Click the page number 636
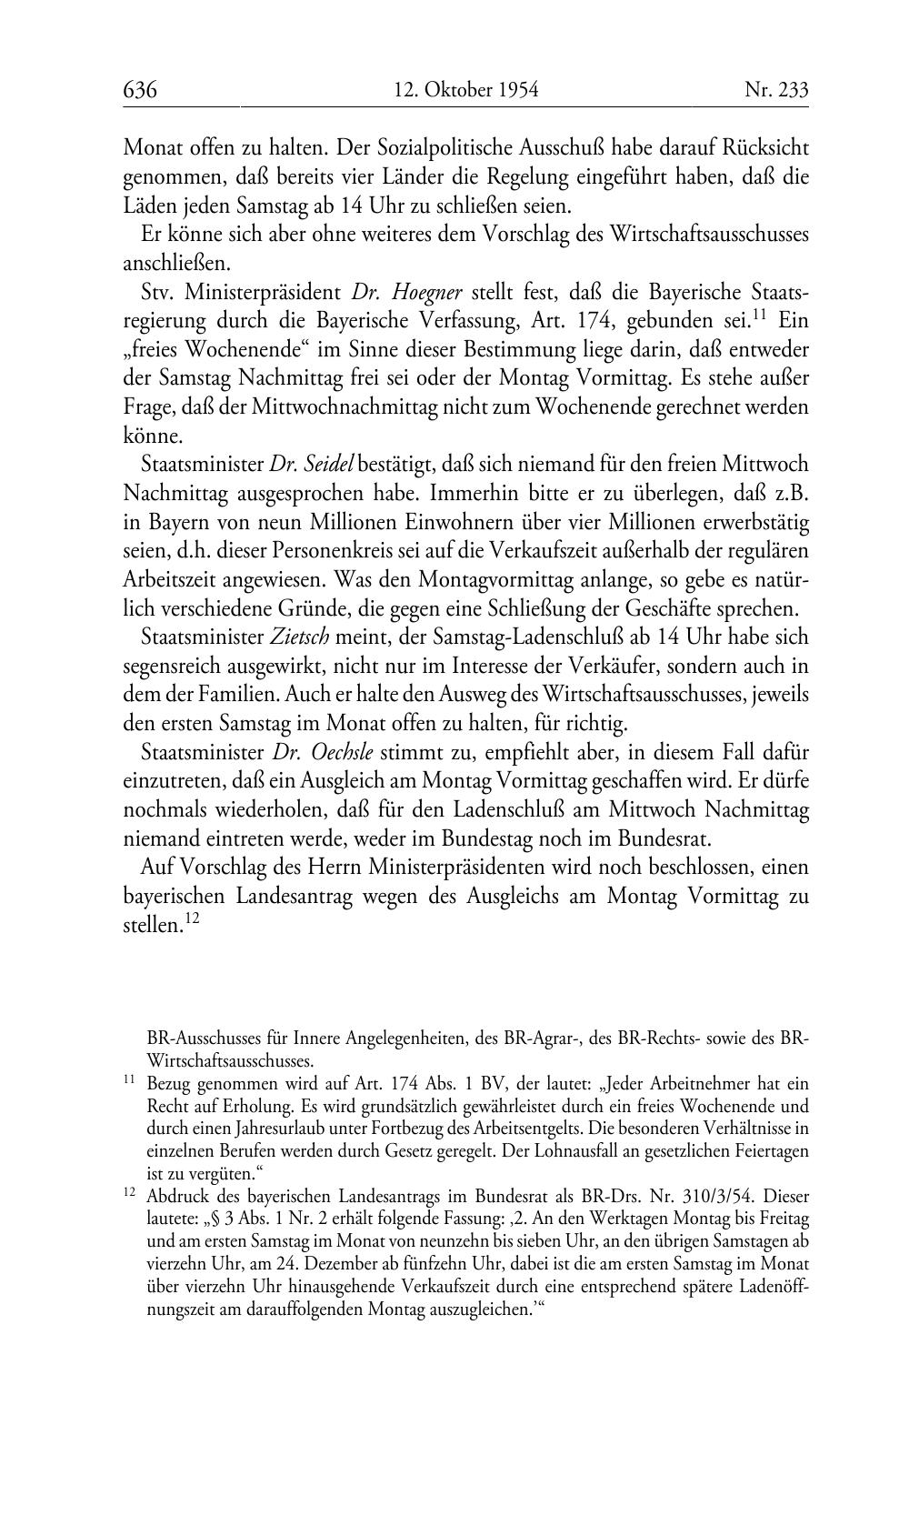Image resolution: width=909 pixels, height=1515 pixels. (141, 90)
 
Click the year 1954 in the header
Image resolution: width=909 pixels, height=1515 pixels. (517, 90)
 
